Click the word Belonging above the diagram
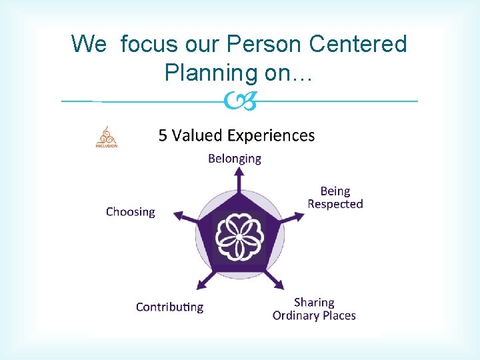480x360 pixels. (x=235, y=159)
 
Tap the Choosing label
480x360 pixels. (x=130, y=212)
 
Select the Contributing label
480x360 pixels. (x=169, y=307)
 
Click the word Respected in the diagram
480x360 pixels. (x=335, y=204)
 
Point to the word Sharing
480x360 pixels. (x=314, y=302)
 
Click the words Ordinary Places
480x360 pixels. (x=314, y=315)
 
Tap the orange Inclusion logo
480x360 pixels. (x=106, y=137)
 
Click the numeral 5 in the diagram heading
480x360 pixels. (x=163, y=135)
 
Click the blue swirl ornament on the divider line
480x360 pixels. (x=239, y=101)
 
